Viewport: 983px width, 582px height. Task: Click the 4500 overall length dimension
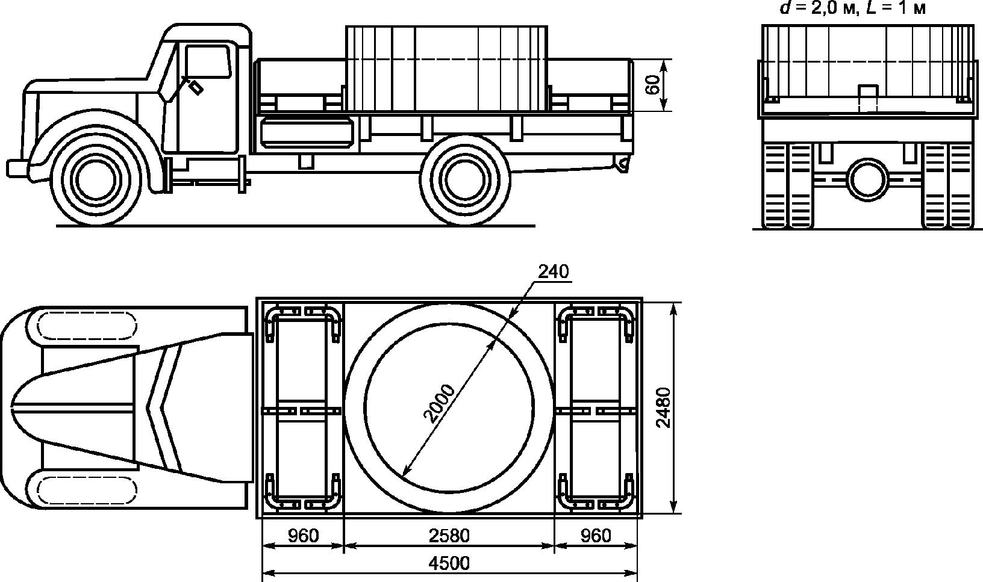(x=449, y=563)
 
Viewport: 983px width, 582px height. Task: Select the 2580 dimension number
(x=449, y=536)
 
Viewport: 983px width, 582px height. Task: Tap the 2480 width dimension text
(x=663, y=407)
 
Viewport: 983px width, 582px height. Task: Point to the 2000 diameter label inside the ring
(x=440, y=403)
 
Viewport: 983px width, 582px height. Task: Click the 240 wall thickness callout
(x=554, y=272)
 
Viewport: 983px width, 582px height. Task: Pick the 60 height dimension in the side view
(x=653, y=85)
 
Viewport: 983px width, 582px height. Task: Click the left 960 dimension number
(x=303, y=536)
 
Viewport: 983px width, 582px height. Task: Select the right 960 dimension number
(x=596, y=536)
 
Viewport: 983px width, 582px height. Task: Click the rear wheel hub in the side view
(x=465, y=181)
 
